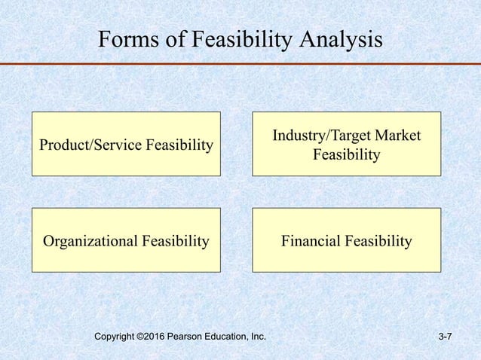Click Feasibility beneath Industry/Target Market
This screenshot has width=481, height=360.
[x=346, y=155]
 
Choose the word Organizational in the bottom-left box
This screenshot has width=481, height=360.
[x=87, y=241]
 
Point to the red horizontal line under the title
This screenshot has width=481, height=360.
[x=240, y=65]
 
